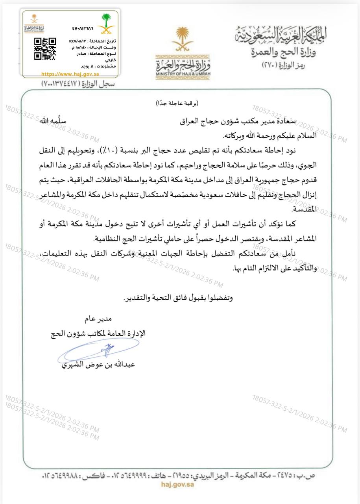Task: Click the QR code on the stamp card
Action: click(45, 49)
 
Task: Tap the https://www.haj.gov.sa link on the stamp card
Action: click(70, 74)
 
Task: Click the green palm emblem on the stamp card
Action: click(107, 23)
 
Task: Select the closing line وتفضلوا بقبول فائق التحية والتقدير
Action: click(178, 298)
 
